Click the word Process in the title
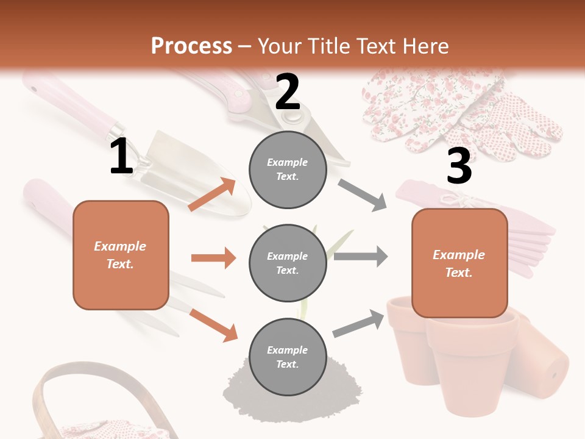[x=191, y=46]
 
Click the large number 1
[x=121, y=157]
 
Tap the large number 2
[x=288, y=91]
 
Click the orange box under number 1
[x=121, y=255]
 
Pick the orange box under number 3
[x=459, y=263]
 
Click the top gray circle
[x=288, y=169]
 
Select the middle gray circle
[x=288, y=263]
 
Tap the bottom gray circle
[x=288, y=357]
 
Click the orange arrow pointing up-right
[x=211, y=195]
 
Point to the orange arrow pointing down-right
[x=213, y=325]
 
